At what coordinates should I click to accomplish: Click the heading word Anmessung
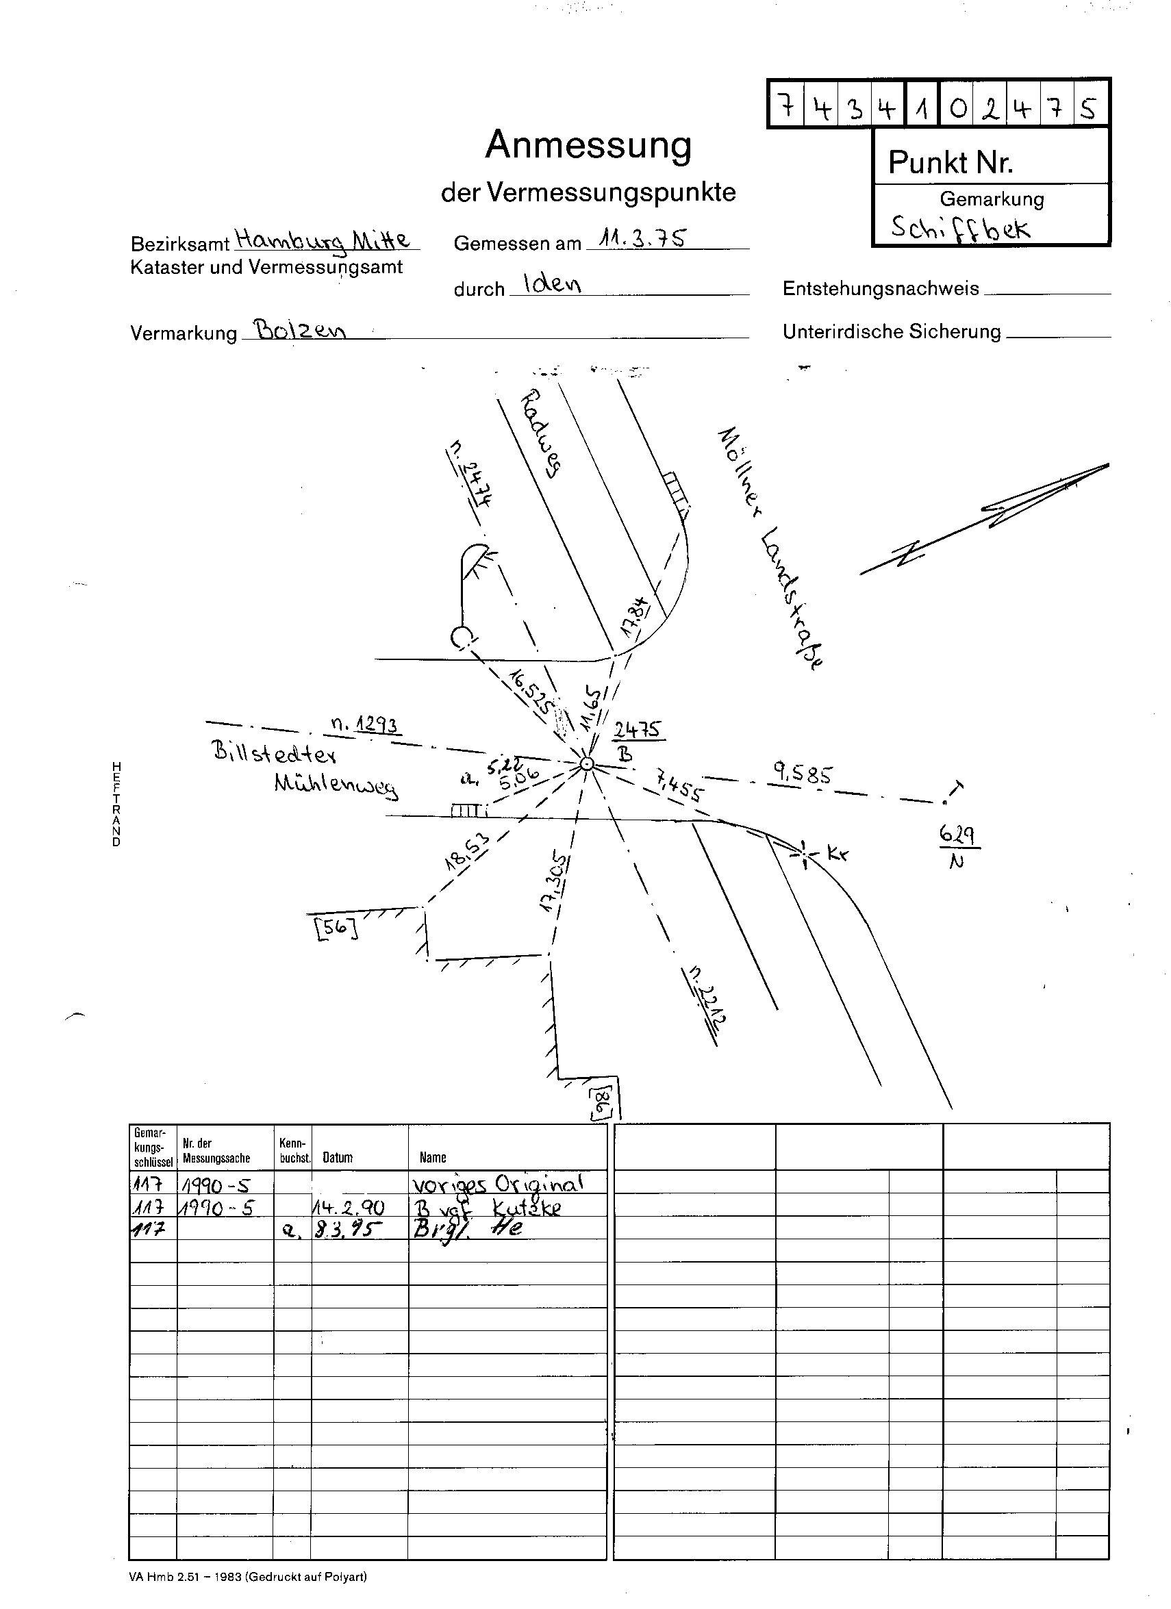pyautogui.click(x=588, y=145)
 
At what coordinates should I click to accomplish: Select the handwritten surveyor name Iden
pyautogui.click(x=551, y=283)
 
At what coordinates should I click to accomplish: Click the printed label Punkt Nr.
pyautogui.click(x=950, y=162)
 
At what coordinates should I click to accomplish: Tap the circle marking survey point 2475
pyautogui.click(x=586, y=763)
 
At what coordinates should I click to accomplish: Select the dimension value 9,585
pyautogui.click(x=802, y=774)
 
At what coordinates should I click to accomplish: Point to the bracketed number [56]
pyautogui.click(x=336, y=928)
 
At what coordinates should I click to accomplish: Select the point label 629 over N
pyautogui.click(x=958, y=847)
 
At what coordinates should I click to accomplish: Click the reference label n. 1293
pyautogui.click(x=365, y=724)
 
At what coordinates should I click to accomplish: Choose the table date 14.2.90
pyautogui.click(x=349, y=1208)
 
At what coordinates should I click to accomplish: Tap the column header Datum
pyautogui.click(x=338, y=1158)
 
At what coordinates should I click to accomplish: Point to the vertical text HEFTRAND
pyautogui.click(x=116, y=804)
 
